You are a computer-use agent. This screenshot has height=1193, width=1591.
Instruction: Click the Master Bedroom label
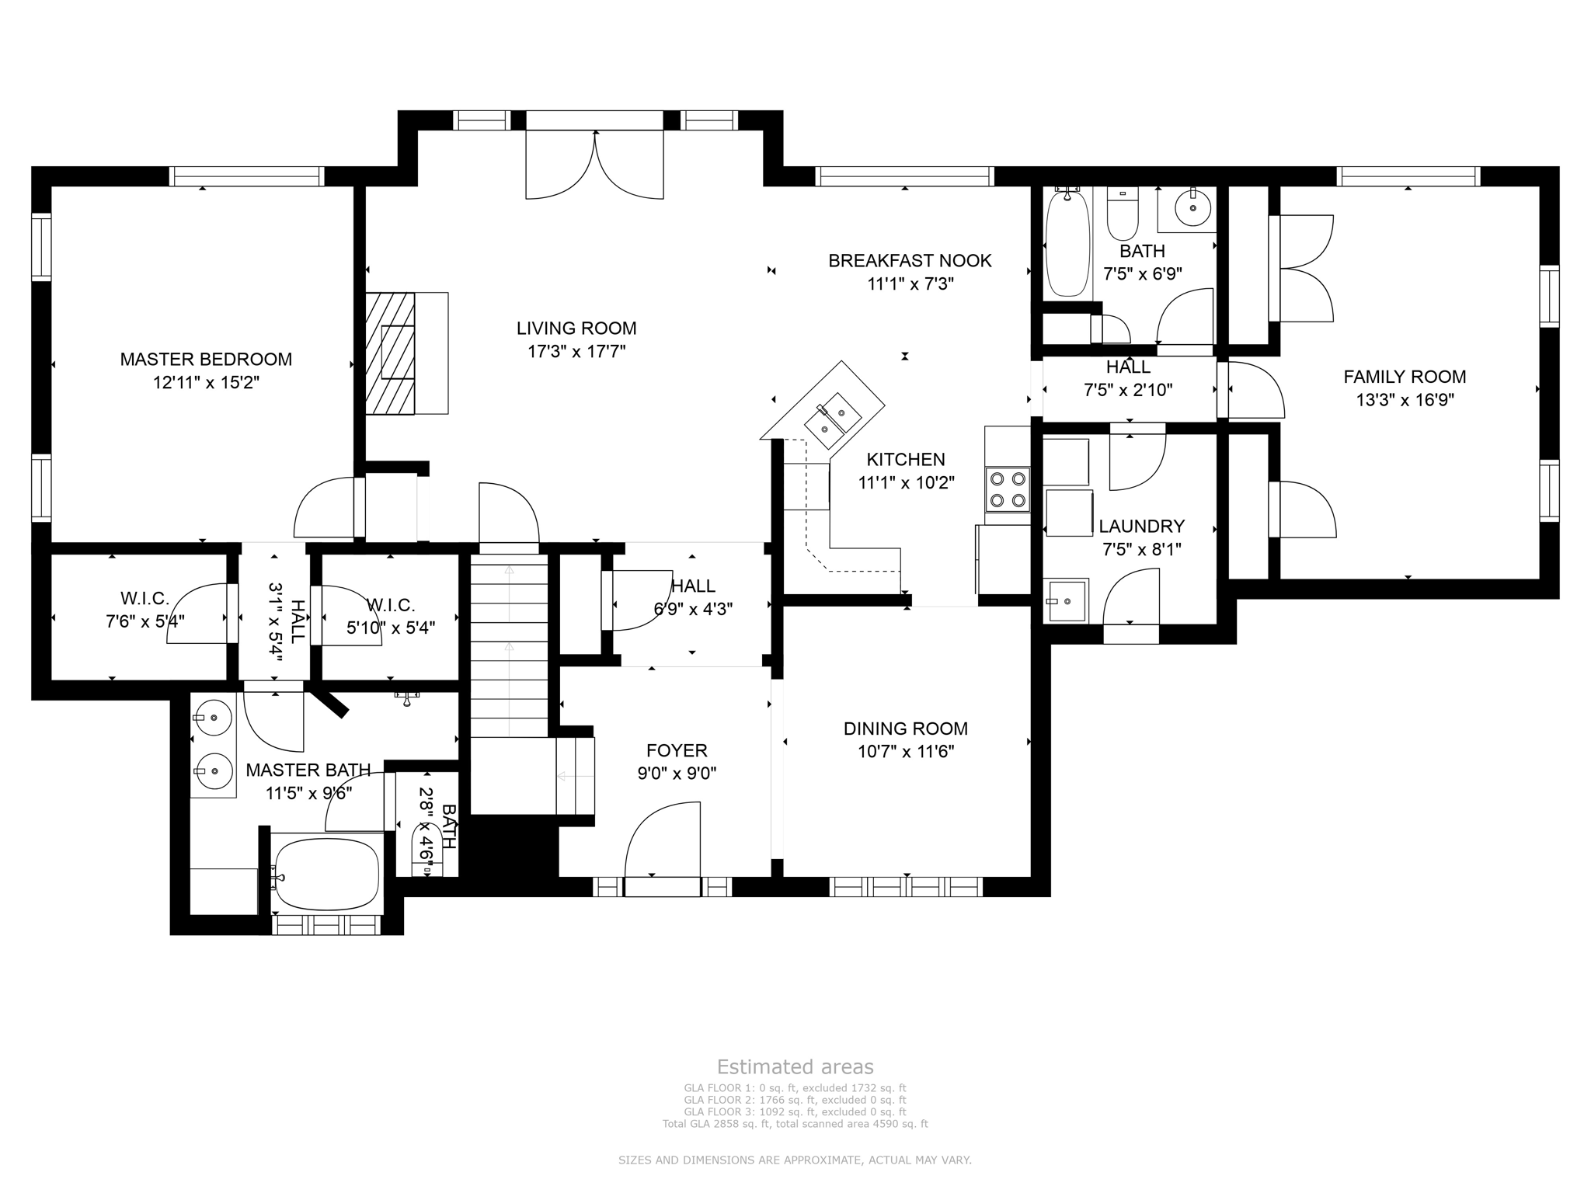click(206, 360)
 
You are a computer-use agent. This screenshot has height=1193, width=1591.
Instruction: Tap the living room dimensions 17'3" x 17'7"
click(576, 352)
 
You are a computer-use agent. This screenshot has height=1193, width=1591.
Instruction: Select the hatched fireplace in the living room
click(391, 353)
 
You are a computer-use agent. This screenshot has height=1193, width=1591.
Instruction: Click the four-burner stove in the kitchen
click(1007, 489)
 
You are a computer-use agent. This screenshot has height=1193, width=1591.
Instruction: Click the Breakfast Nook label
click(910, 261)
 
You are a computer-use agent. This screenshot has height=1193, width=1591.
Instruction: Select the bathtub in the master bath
click(327, 874)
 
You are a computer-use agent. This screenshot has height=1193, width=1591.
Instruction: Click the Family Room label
click(1405, 377)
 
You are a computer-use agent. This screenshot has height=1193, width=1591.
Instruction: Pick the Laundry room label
click(1141, 527)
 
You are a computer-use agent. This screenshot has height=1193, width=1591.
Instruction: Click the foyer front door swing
click(663, 843)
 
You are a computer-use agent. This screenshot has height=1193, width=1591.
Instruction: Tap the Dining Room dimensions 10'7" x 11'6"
click(906, 752)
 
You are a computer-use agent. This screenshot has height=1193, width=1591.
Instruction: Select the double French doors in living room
click(595, 165)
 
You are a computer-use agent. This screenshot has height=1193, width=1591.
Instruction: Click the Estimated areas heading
click(795, 1066)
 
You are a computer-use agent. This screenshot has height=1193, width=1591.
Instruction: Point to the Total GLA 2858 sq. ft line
click(795, 1124)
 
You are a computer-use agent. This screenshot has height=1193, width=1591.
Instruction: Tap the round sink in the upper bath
click(1192, 208)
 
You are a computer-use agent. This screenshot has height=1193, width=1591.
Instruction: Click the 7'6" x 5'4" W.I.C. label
click(145, 621)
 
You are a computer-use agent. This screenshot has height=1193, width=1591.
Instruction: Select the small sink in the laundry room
click(1067, 601)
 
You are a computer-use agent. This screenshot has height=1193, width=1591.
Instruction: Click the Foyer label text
click(677, 750)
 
